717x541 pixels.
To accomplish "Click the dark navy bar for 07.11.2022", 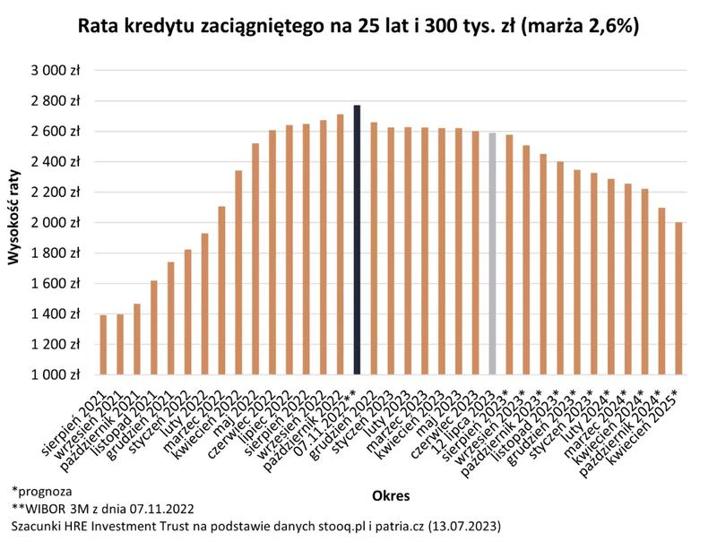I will click(357, 239).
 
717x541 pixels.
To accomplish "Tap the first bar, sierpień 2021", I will click(103, 344).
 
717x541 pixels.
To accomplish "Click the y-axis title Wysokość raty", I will click(14, 222).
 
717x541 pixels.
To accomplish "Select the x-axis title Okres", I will click(390, 494).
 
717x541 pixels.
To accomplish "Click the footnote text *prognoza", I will click(42, 491).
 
